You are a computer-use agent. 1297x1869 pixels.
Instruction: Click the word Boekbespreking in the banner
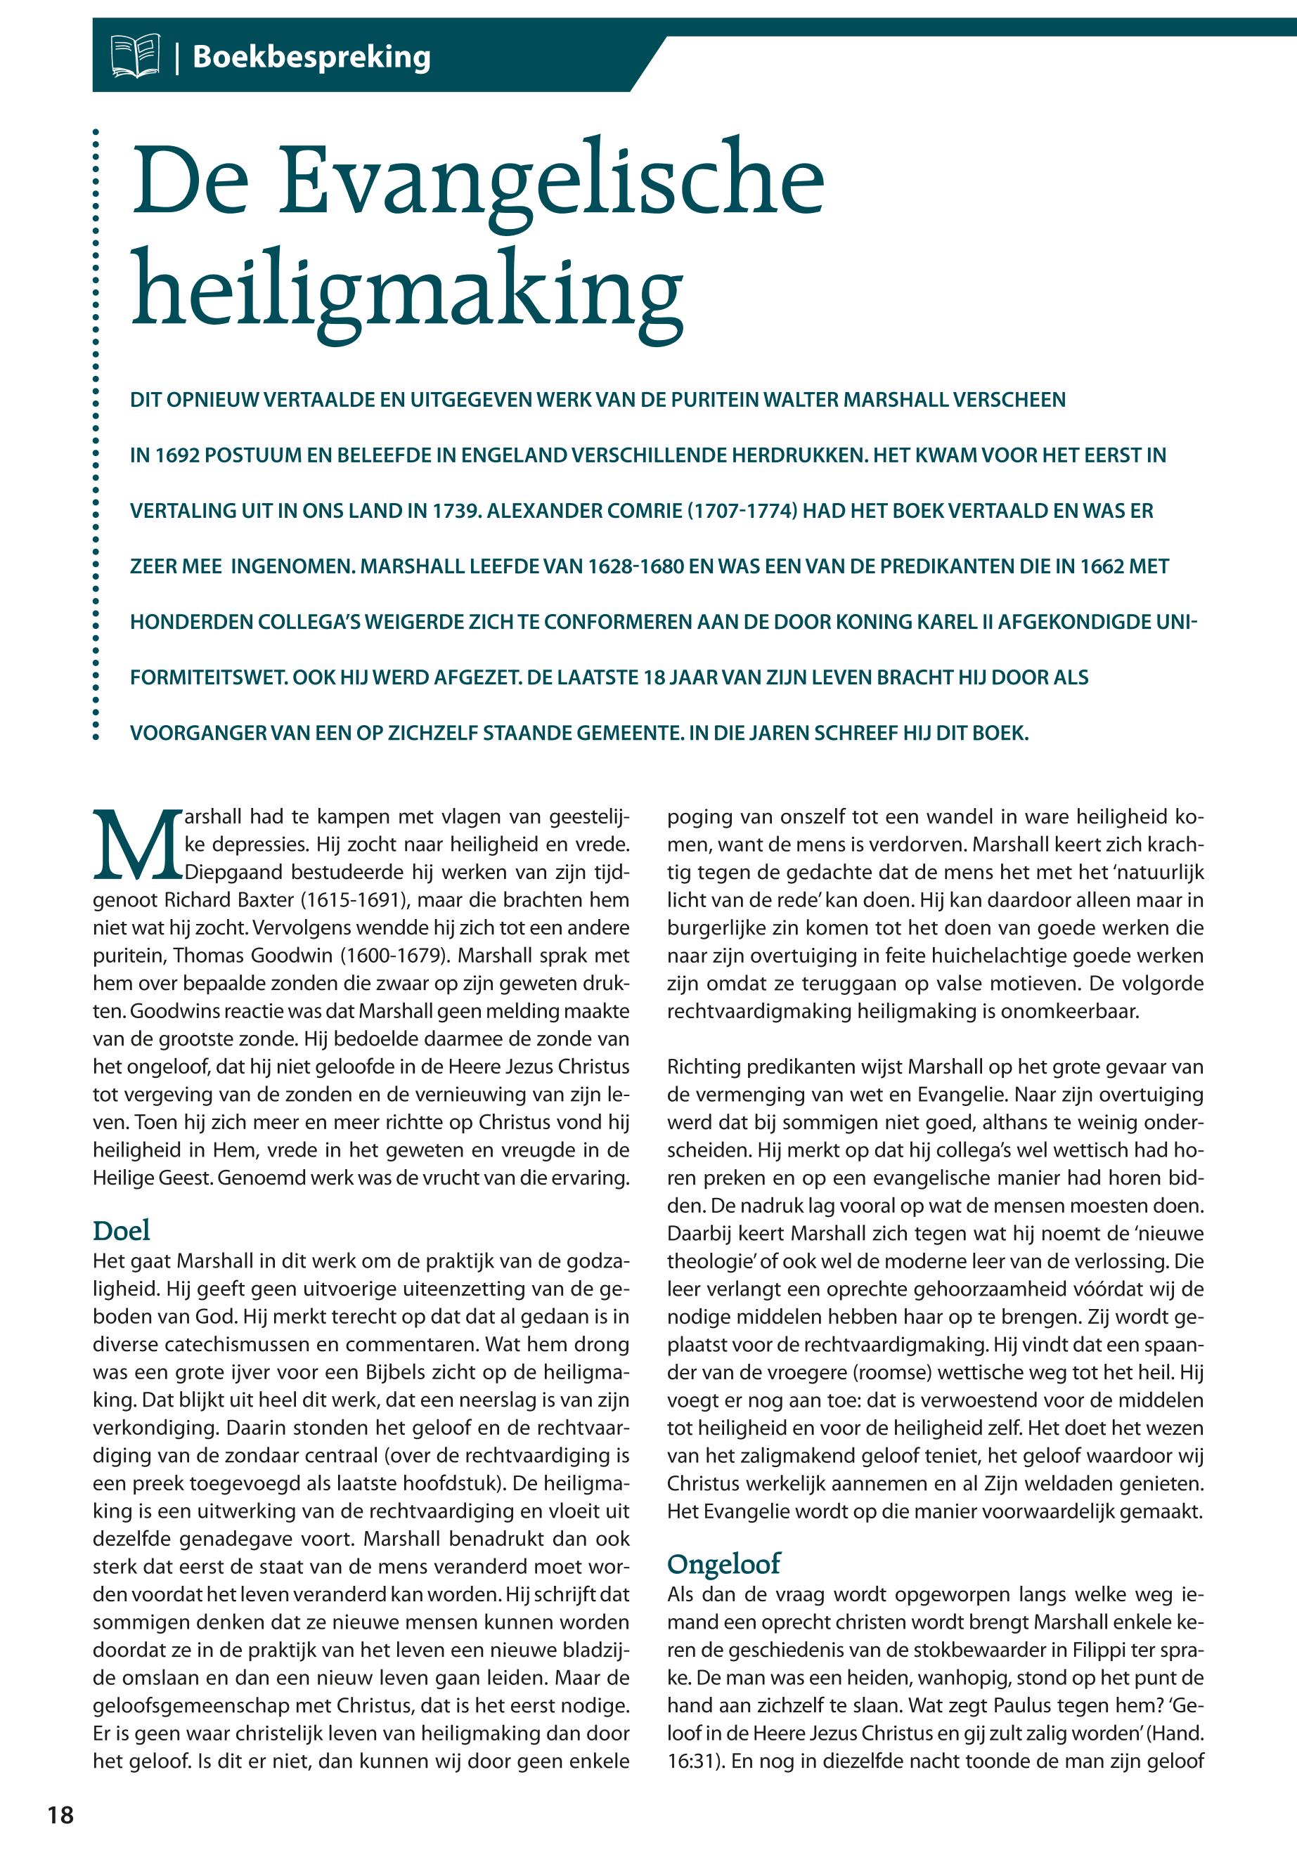click(x=311, y=57)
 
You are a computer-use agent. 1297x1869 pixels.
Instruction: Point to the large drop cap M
click(x=134, y=845)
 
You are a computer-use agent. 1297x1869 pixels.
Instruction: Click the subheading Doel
click(x=122, y=1230)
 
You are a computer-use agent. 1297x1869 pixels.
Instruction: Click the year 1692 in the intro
click(x=176, y=456)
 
